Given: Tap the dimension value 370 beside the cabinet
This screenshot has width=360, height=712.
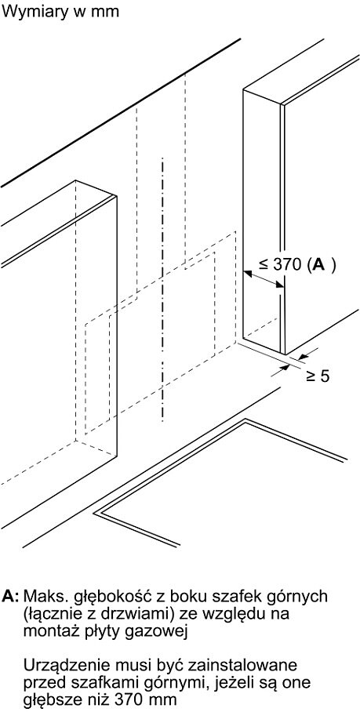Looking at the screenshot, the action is pos(289,265).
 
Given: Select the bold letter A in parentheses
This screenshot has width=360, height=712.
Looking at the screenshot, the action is pos(319,265).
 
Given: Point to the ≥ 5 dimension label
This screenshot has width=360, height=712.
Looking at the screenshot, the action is pos(318,376).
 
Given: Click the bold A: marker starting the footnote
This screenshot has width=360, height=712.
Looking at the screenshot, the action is pos(11,596).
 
